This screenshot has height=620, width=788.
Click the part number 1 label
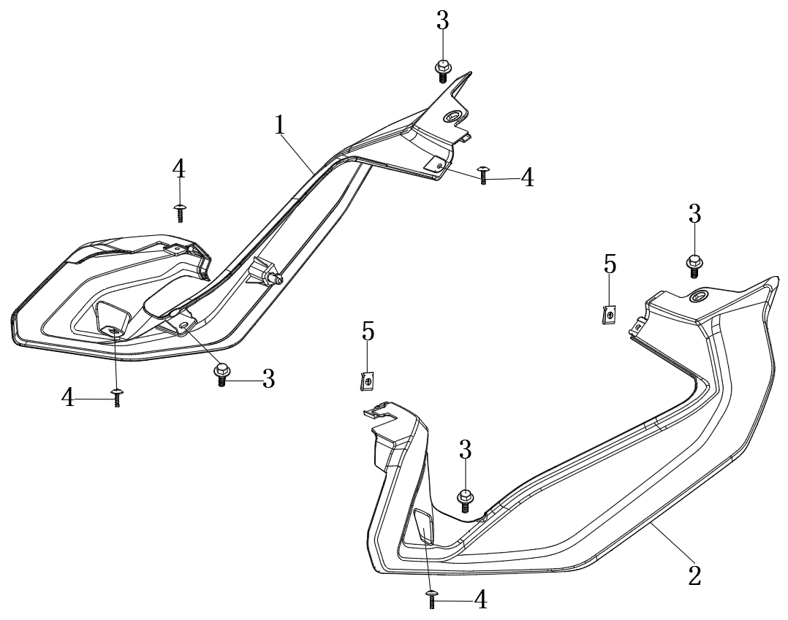point(279,126)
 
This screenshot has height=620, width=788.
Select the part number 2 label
point(694,574)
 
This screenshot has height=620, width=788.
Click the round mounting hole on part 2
point(697,295)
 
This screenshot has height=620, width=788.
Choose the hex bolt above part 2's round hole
point(694,264)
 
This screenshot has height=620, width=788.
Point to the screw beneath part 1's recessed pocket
point(117,398)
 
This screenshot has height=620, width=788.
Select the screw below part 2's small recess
point(431,599)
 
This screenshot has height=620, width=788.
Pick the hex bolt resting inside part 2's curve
point(465,501)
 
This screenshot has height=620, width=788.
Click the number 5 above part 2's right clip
point(610,264)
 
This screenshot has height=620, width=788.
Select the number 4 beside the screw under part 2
point(480,600)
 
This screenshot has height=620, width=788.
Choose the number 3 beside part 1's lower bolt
point(268,379)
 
